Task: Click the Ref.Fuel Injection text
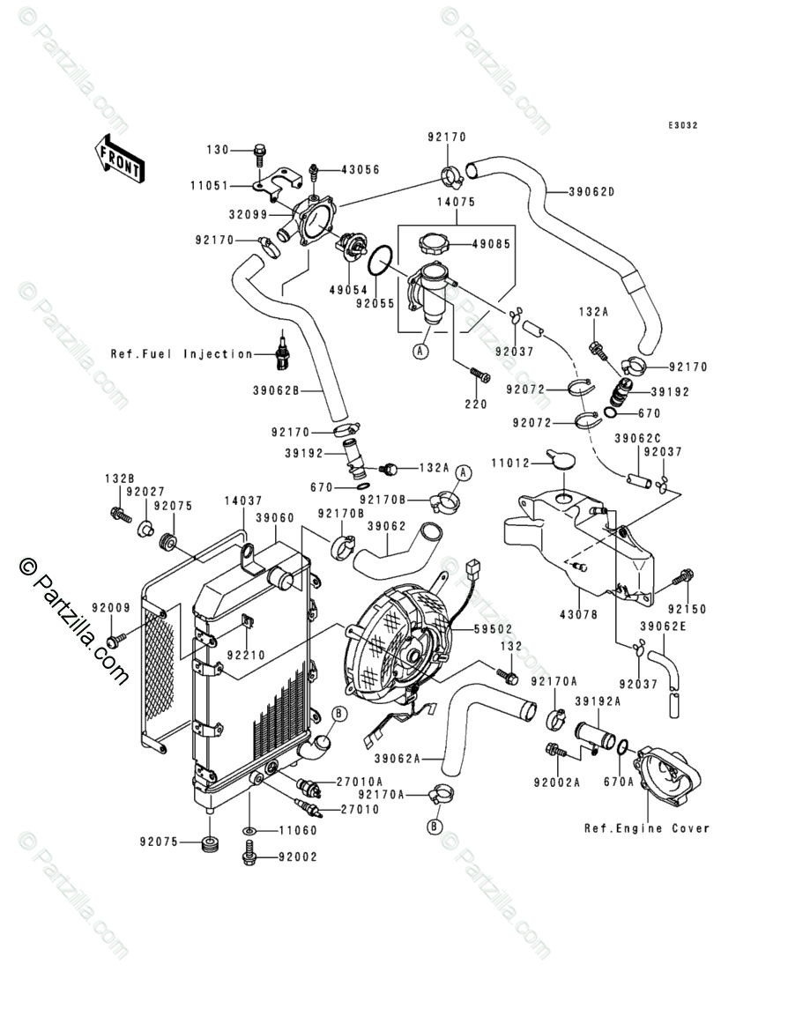click(x=182, y=354)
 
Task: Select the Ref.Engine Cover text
click(x=646, y=827)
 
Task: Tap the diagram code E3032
click(x=682, y=125)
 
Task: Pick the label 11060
click(x=299, y=830)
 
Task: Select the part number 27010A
click(x=359, y=782)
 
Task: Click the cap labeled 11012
click(x=559, y=458)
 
